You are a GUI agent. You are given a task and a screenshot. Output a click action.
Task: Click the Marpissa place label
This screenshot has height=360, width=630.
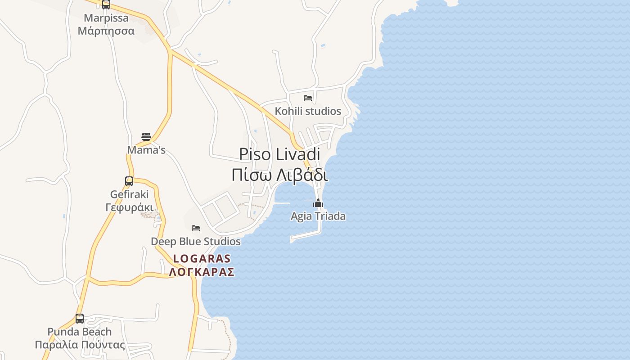click(106, 18)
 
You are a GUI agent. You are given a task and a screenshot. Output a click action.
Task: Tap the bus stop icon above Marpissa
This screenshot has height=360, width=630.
click(106, 4)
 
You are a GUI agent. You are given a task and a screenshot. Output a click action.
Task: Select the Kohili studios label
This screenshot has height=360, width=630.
click(308, 111)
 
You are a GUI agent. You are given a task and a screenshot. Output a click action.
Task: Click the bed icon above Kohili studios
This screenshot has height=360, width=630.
click(308, 98)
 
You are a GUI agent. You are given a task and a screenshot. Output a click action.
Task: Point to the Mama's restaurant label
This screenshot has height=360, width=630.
click(146, 150)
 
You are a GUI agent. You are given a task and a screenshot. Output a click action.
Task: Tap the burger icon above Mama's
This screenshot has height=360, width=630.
click(146, 136)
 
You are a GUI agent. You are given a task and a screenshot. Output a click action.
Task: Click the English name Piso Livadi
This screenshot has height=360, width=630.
click(279, 154)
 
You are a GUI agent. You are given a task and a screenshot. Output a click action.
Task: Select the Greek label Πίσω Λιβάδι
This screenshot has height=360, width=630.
click(279, 175)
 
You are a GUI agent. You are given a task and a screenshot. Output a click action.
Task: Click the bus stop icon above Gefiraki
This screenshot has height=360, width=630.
click(129, 181)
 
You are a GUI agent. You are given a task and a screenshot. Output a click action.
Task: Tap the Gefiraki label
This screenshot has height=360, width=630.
click(129, 194)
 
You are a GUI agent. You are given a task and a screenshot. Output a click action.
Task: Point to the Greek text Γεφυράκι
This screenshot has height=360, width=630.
click(129, 207)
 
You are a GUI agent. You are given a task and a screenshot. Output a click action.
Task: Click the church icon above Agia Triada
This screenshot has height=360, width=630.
click(318, 203)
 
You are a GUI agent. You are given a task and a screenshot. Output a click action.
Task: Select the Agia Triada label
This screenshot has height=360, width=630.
click(318, 216)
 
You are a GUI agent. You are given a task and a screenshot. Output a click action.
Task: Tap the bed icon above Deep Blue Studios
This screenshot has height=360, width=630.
click(196, 228)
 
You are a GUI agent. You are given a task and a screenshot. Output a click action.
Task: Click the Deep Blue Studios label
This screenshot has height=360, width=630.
click(196, 242)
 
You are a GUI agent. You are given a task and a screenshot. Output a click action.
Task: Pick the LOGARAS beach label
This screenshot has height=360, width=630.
click(202, 259)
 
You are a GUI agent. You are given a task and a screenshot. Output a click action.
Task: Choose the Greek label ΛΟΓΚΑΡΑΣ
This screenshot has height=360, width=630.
click(202, 272)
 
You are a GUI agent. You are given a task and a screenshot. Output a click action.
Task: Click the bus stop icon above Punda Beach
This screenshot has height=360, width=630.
click(80, 319)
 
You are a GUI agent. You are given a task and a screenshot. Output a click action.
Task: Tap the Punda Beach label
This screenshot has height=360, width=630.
click(80, 332)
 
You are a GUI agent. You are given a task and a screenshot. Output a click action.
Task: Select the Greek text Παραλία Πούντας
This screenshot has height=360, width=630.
click(80, 345)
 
